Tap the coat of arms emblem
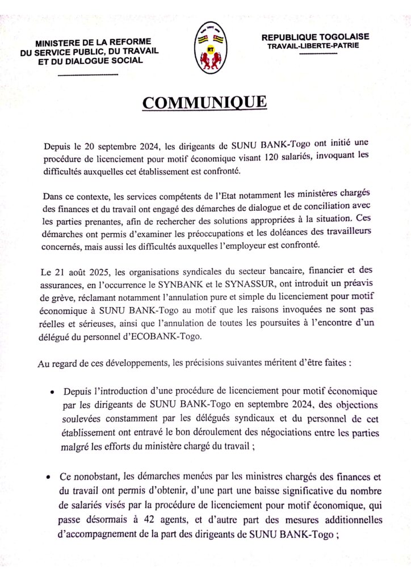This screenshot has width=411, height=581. pyautogui.click(x=208, y=49)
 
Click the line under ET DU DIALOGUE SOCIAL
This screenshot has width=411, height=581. pyautogui.click(x=88, y=75)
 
